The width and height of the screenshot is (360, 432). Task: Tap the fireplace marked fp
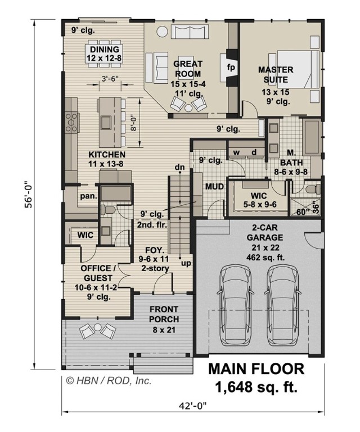point(231,66)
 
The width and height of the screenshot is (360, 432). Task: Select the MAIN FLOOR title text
point(256,369)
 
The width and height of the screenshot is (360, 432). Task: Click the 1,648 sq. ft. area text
point(256,387)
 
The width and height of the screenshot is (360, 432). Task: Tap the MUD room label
point(214,186)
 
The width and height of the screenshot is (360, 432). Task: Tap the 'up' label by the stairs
point(184,263)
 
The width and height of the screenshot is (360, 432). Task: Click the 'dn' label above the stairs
point(180,168)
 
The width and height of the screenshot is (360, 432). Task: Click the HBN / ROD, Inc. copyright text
point(109,381)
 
